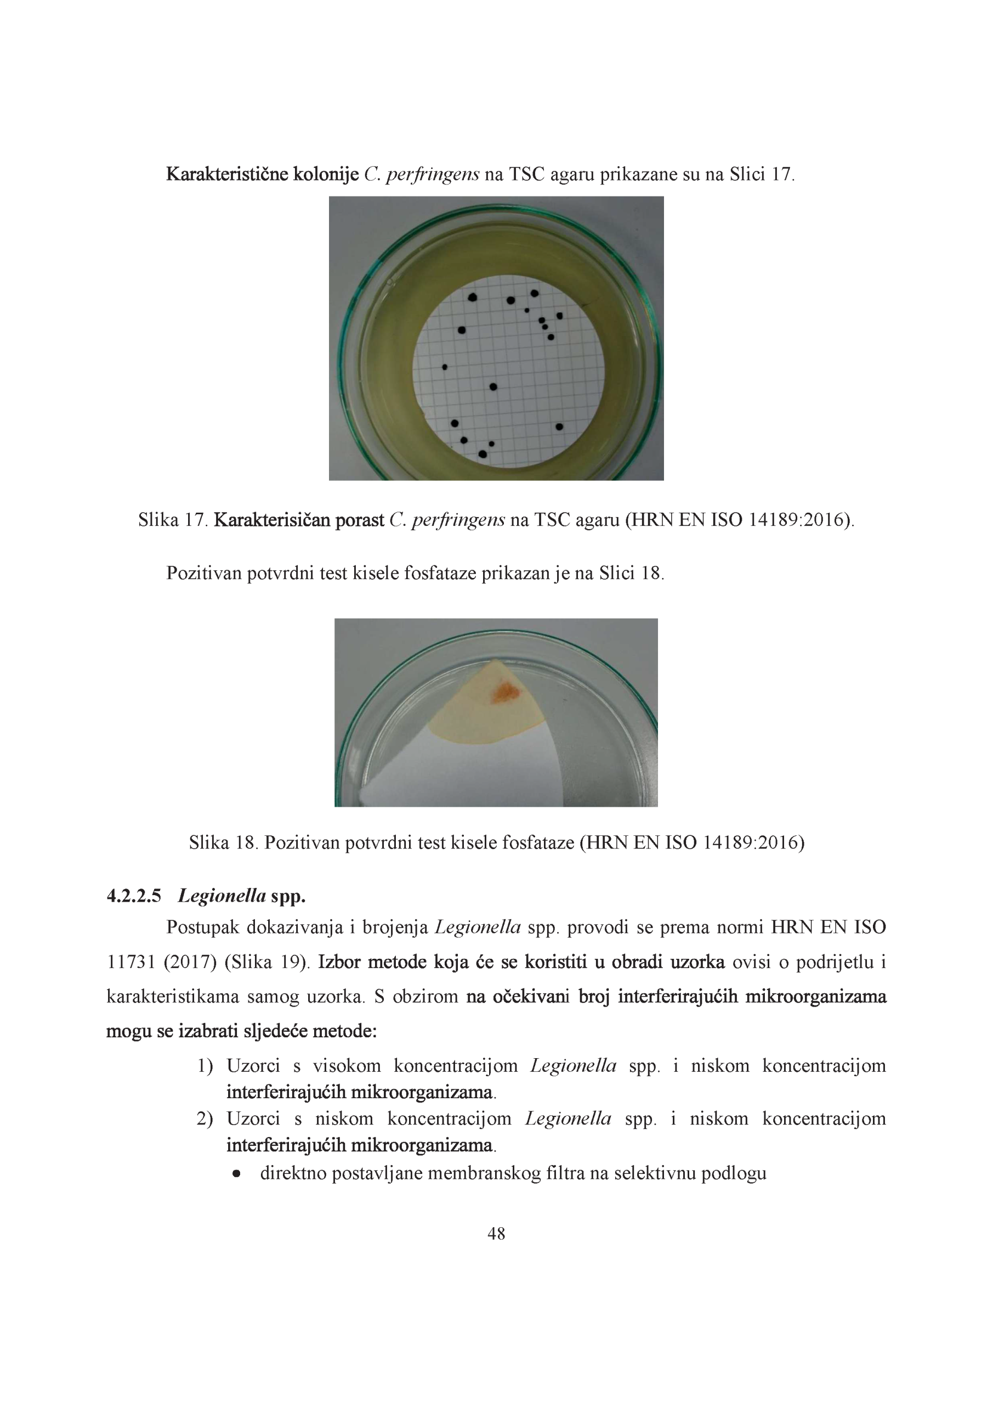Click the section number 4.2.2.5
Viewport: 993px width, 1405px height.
pyautogui.click(x=134, y=896)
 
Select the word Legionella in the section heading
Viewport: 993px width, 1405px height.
pyautogui.click(x=222, y=896)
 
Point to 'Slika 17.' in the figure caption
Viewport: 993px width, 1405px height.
pyautogui.click(x=174, y=520)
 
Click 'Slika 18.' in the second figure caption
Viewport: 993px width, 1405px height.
pyautogui.click(x=224, y=842)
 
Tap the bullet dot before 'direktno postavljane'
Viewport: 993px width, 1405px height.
pyautogui.click(x=236, y=1174)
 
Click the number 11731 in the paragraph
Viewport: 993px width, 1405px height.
pyautogui.click(x=131, y=963)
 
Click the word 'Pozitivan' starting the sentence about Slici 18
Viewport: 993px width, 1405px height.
pyautogui.click(x=203, y=574)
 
